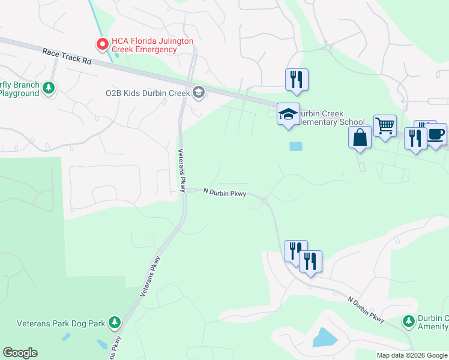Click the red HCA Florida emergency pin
click(x=102, y=44)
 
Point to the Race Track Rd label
click(x=66, y=56)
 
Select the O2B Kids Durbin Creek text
click(x=147, y=93)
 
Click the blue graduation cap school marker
click(x=288, y=113)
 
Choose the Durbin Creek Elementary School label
click(x=331, y=118)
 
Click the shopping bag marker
click(x=360, y=137)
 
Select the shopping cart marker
click(x=385, y=125)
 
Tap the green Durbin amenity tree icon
click(x=409, y=322)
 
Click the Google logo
click(x=20, y=353)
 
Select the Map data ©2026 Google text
click(x=412, y=355)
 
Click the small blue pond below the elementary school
click(x=295, y=146)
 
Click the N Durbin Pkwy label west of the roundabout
click(x=224, y=192)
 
